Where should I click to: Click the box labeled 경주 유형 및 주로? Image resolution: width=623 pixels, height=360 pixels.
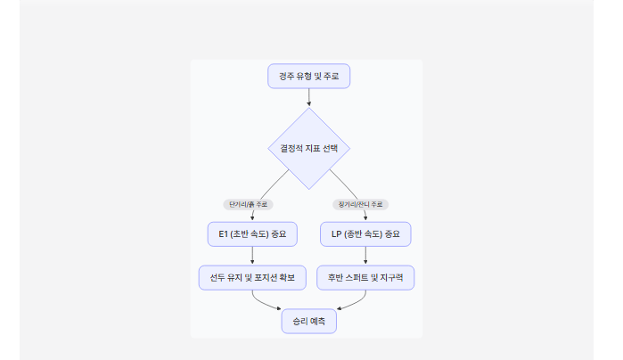[x=308, y=77]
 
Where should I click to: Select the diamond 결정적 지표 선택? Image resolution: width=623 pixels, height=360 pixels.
[x=308, y=148]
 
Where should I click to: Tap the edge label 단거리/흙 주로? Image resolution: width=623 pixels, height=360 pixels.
[x=248, y=204]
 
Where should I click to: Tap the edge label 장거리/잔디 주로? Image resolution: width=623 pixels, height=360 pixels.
[x=360, y=204]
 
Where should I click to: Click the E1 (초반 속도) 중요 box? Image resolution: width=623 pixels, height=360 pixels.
[x=252, y=234]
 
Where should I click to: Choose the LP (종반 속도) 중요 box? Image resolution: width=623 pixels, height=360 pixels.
[x=365, y=234]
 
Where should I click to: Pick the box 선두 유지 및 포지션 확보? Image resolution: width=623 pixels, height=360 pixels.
[x=252, y=278]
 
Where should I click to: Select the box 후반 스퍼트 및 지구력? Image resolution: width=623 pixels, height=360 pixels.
[x=365, y=278]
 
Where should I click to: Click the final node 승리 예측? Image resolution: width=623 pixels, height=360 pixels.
[x=308, y=321]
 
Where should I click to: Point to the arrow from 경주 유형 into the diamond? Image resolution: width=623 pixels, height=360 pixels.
[x=308, y=98]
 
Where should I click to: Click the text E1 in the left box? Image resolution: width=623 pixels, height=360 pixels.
[x=223, y=234]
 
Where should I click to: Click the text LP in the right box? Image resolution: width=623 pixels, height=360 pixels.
[x=336, y=234]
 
